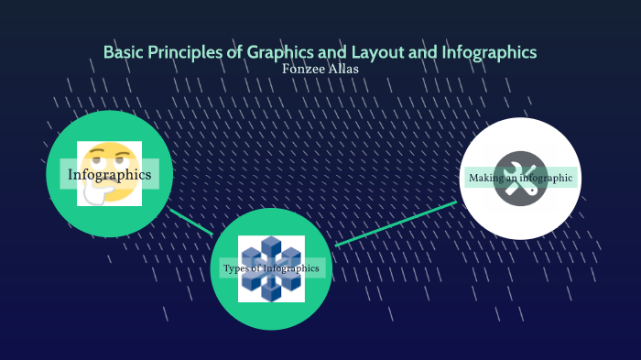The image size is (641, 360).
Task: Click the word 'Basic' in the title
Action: point(123,52)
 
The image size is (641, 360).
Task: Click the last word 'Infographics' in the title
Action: point(489,52)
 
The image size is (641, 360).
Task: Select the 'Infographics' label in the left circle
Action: point(109,174)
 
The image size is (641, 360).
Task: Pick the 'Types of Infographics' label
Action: point(271,268)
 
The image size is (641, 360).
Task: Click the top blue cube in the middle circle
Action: point(271,245)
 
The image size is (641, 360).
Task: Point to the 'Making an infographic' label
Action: point(520,178)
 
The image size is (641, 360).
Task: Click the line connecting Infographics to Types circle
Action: point(190,221)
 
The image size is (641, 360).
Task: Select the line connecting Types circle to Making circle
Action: point(396,224)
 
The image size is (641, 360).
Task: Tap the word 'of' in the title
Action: point(234,52)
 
